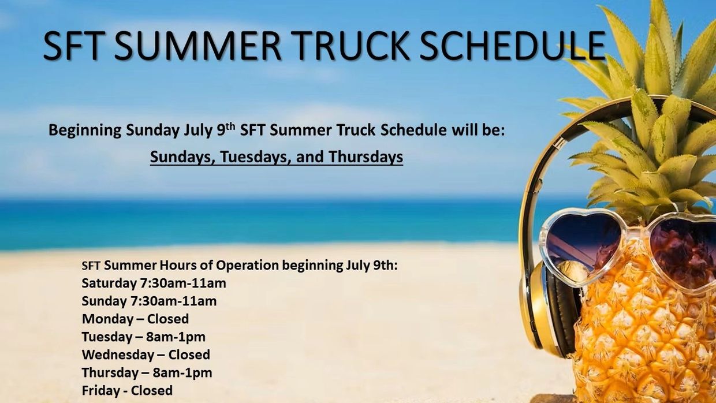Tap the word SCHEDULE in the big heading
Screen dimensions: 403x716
512,46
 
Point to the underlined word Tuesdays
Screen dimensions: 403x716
252,157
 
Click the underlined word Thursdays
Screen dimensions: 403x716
366,157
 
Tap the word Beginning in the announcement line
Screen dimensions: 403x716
85,130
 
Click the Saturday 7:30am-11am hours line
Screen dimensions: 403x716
154,283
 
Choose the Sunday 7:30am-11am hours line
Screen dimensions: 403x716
149,301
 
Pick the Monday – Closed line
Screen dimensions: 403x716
135,319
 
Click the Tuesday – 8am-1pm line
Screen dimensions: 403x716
143,337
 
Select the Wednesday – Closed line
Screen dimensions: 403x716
146,355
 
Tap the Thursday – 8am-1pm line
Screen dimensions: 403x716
147,373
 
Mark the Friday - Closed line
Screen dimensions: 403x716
127,391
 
